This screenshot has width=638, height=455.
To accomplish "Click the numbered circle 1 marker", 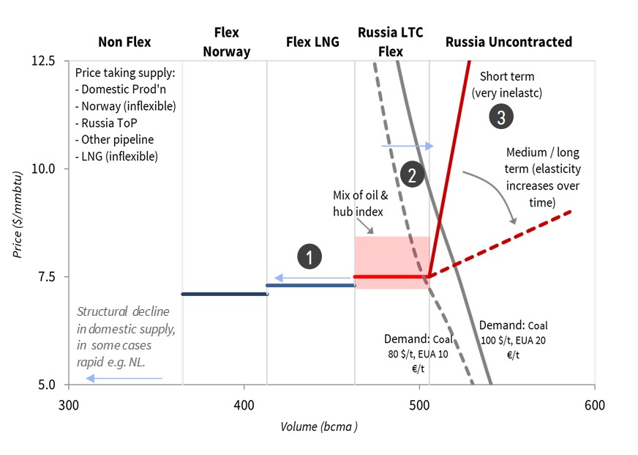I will [x=310, y=257].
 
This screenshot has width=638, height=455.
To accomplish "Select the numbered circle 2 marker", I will [x=411, y=175].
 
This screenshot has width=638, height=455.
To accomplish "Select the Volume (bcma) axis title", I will [x=319, y=426].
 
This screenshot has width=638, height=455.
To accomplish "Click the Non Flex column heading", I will [x=124, y=42].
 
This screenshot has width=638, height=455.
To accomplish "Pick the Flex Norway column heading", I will [x=226, y=42].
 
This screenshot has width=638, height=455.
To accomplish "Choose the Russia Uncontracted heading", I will [x=508, y=42].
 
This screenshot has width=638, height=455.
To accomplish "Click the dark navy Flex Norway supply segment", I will [x=224, y=294].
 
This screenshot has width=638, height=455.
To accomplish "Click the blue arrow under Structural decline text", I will [x=124, y=378].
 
